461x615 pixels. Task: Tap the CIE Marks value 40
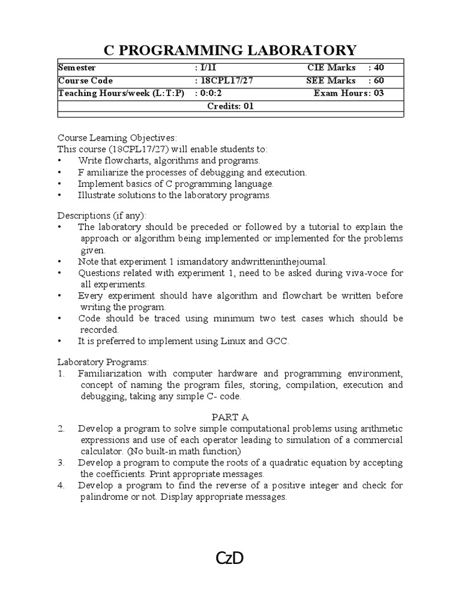[379, 68]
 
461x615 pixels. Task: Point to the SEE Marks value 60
[379, 80]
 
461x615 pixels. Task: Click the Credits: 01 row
[230, 106]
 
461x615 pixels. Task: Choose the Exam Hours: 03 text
[349, 93]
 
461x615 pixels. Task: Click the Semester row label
[77, 68]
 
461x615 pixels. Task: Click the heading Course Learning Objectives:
[117, 138]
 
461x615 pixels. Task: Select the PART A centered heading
[230, 417]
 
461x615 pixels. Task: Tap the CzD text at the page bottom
[230, 559]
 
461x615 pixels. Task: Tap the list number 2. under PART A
[61, 428]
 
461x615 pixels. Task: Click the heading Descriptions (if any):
[101, 215]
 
